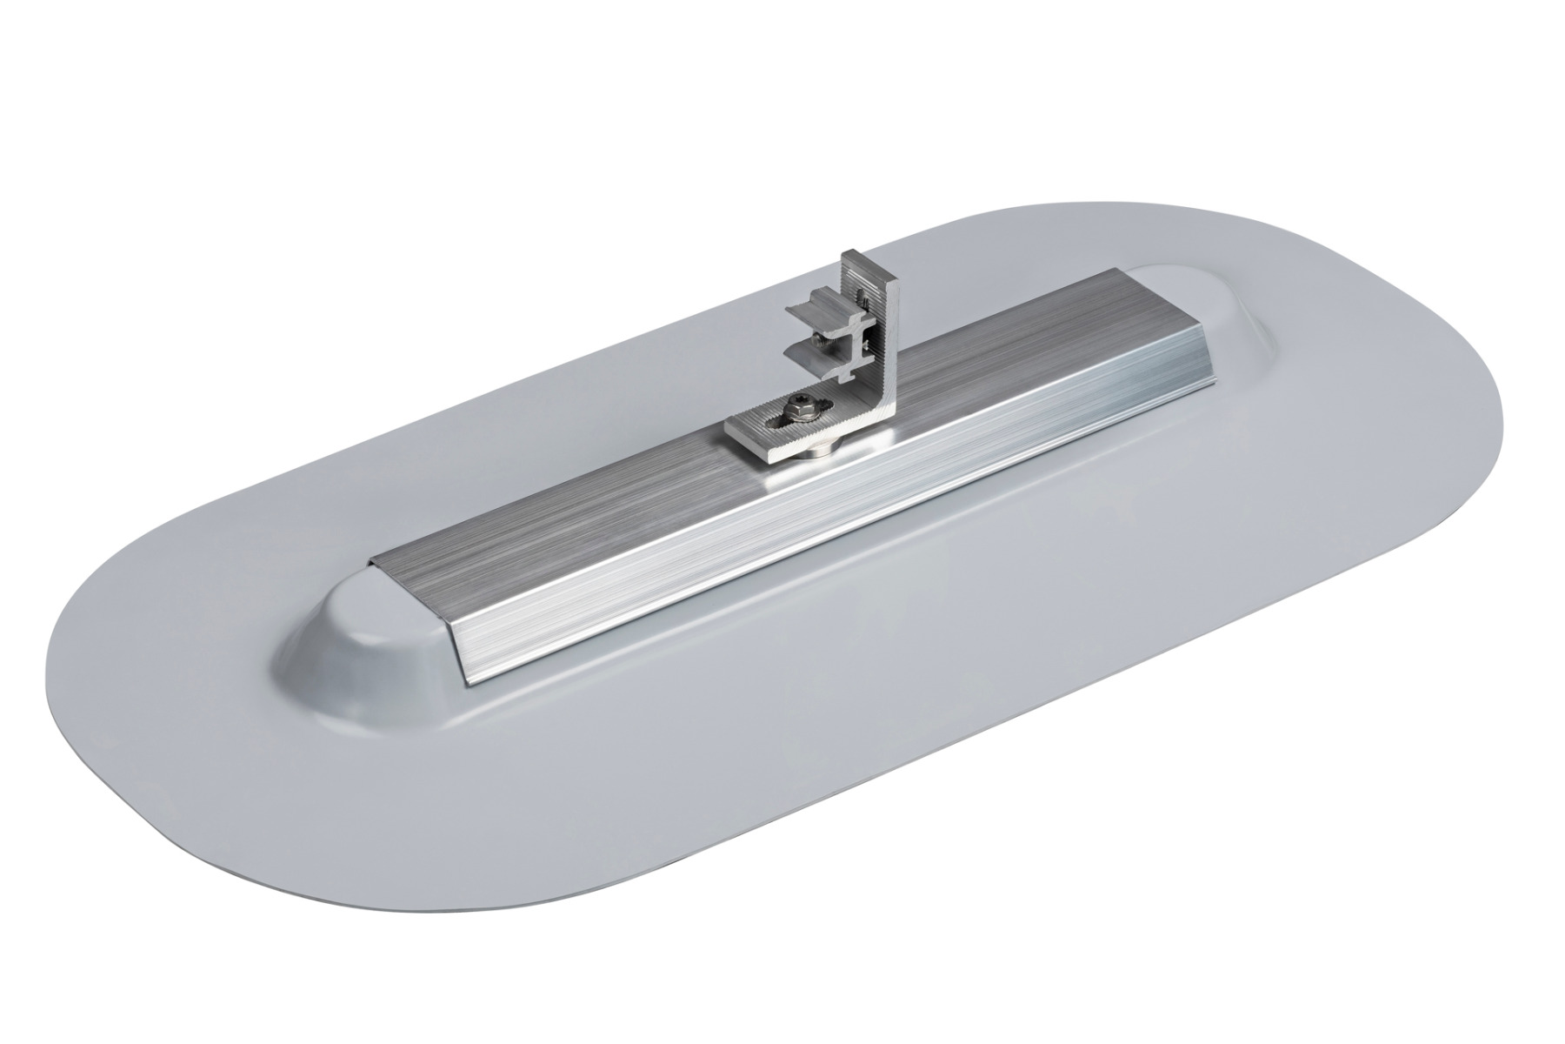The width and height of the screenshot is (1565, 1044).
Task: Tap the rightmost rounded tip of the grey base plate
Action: (x=1517, y=435)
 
